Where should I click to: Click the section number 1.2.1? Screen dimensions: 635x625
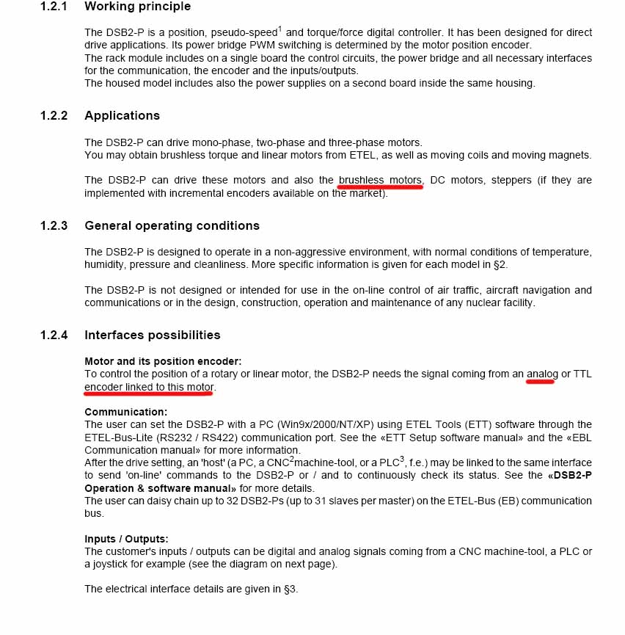click(x=54, y=7)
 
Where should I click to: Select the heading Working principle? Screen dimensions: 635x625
click(x=137, y=7)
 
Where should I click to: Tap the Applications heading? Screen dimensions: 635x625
click(x=122, y=116)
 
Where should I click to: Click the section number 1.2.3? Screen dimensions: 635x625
click(x=54, y=225)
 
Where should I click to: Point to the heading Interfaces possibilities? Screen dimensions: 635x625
click(x=153, y=335)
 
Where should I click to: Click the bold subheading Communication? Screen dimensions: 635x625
click(x=125, y=412)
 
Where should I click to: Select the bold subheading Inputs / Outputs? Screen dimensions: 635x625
click(x=126, y=539)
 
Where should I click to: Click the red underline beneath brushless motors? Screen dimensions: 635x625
click(x=380, y=187)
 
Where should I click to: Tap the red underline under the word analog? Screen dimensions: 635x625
click(x=541, y=382)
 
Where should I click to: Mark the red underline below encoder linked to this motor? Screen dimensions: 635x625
click(x=148, y=393)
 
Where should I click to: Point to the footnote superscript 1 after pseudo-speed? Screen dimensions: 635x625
click(x=280, y=29)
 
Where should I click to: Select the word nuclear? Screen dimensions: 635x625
click(x=477, y=302)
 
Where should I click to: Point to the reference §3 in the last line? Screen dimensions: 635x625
click(x=290, y=589)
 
